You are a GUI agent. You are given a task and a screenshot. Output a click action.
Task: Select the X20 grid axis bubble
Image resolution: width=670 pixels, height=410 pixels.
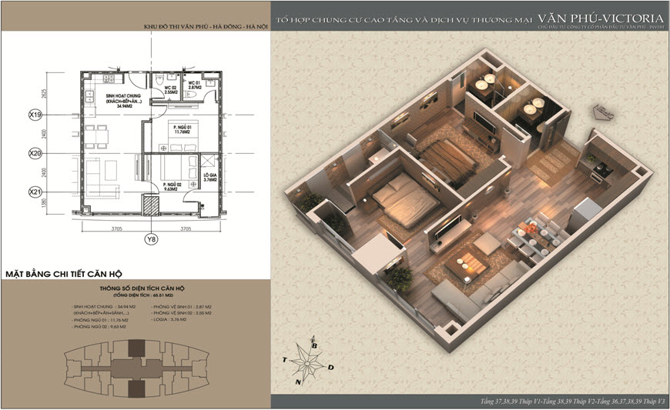pyautogui.click(x=34, y=154)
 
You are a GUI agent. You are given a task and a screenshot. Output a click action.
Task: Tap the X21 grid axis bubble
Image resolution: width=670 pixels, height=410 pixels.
pyautogui.click(x=34, y=192)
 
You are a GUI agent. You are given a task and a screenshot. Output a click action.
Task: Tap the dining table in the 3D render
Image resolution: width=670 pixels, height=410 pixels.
pyautogui.click(x=531, y=235)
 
